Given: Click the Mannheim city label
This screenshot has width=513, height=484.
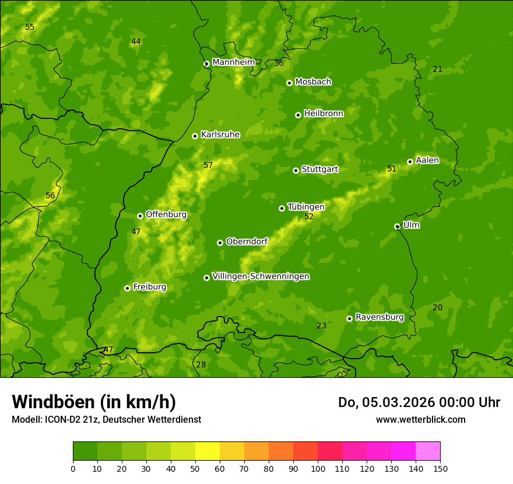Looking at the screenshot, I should tap(233, 62).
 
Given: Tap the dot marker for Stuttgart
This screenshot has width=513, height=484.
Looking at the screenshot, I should tap(296, 170).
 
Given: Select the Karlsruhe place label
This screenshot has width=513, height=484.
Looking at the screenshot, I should tap(220, 135).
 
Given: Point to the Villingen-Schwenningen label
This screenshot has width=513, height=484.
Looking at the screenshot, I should tap(261, 276).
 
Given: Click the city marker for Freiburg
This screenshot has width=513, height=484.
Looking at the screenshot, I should tap(127, 288).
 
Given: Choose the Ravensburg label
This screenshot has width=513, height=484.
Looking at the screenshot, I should tap(379, 317).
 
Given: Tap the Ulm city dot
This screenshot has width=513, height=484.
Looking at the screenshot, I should tap(397, 226).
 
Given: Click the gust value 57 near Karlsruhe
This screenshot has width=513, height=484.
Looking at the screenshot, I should tap(208, 166).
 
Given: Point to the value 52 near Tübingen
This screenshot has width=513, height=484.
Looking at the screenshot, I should tap(309, 217).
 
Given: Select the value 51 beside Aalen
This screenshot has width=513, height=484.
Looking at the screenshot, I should tap(392, 169).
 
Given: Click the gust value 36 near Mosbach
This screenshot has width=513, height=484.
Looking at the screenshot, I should tap(279, 64).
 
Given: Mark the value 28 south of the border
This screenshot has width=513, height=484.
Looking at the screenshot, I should tap(201, 365).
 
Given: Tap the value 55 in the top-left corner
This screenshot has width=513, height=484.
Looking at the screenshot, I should tap(30, 27).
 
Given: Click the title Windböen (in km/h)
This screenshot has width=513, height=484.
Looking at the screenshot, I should tap(94, 402).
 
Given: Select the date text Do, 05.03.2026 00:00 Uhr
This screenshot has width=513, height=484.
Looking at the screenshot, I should tap(419, 402).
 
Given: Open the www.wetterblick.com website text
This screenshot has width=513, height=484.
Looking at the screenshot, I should tap(420, 419).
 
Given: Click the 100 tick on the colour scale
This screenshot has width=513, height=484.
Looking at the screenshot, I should tap(318, 468).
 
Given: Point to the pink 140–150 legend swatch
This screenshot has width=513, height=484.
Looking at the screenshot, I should tap(428, 451).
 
